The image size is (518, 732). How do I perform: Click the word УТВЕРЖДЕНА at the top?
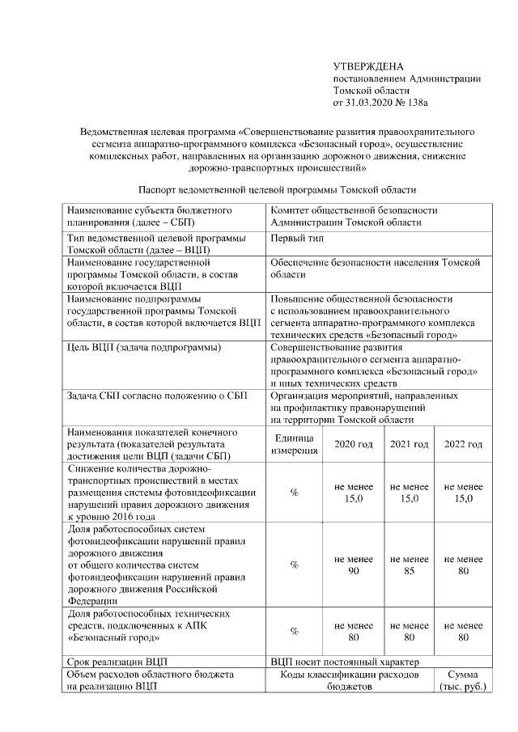(367, 66)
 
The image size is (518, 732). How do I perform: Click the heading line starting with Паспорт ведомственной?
(277, 189)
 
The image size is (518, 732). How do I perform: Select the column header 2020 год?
(354, 444)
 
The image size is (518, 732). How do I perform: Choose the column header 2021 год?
(409, 444)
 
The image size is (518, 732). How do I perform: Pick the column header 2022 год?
(463, 444)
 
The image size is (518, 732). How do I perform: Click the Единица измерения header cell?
(294, 444)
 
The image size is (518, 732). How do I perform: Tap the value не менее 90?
(354, 565)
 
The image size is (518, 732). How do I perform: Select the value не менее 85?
(409, 565)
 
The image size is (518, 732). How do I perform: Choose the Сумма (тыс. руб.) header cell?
(463, 680)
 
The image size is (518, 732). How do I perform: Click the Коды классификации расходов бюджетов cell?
(350, 680)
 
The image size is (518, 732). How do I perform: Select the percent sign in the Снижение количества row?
(294, 493)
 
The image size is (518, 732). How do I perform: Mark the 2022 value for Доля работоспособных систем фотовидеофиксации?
(463, 565)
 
